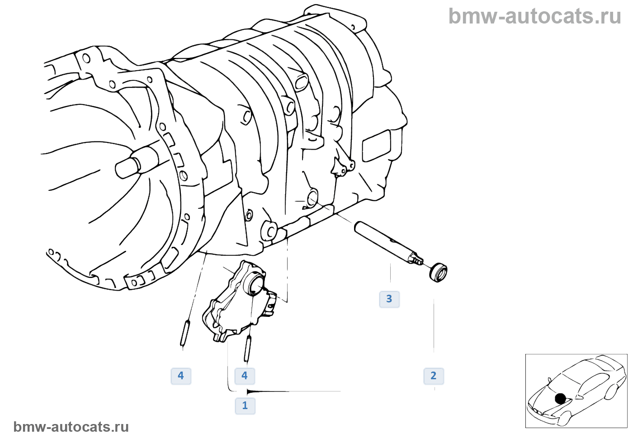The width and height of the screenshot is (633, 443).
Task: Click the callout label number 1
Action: click(x=245, y=405)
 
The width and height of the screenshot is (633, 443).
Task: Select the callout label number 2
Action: click(x=434, y=376)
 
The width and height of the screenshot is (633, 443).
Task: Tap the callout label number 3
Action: click(x=389, y=299)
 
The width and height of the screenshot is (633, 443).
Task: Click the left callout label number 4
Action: click(x=181, y=376)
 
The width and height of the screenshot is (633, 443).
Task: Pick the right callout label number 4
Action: click(x=245, y=376)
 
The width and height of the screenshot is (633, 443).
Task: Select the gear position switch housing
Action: click(x=235, y=303)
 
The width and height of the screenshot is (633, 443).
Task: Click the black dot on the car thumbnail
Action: click(x=560, y=398)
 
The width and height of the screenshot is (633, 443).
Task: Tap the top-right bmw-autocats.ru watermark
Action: click(x=534, y=16)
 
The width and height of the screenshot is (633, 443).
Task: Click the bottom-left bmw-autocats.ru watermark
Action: click(x=71, y=427)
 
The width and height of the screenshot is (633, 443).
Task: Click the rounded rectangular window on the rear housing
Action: click(x=376, y=146)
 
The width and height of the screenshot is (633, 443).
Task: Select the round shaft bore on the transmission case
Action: click(x=312, y=198)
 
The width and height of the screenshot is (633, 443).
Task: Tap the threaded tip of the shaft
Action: click(x=418, y=261)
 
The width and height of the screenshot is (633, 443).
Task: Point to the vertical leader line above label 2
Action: click(x=434, y=325)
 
